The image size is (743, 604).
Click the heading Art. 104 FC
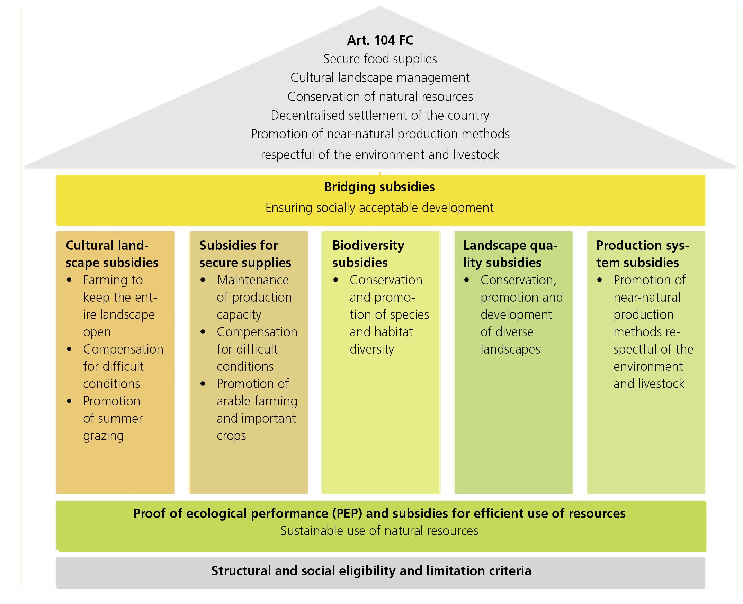point(380,40)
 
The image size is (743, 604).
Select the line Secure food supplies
point(380,59)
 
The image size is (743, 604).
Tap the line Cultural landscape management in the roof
point(380,77)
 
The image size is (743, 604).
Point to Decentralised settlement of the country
point(380,115)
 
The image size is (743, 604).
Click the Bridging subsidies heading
point(379,187)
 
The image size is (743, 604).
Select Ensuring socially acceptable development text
point(379,208)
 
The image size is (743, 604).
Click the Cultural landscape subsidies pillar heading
point(112,254)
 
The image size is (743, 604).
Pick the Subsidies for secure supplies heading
point(245,254)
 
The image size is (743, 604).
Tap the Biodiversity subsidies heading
point(368,254)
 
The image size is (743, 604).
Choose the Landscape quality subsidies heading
point(510,254)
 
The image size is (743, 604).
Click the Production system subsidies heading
point(642,254)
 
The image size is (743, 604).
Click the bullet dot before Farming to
point(69,280)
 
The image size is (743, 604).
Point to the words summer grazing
point(113,427)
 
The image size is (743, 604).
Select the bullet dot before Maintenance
point(203,280)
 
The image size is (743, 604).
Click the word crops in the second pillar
point(231,436)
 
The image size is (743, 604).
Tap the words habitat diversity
point(381,341)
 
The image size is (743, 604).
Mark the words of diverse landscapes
point(510,341)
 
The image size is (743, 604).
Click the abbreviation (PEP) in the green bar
point(346,514)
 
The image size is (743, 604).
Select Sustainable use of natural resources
point(379,531)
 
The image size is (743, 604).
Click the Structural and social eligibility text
point(371,571)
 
